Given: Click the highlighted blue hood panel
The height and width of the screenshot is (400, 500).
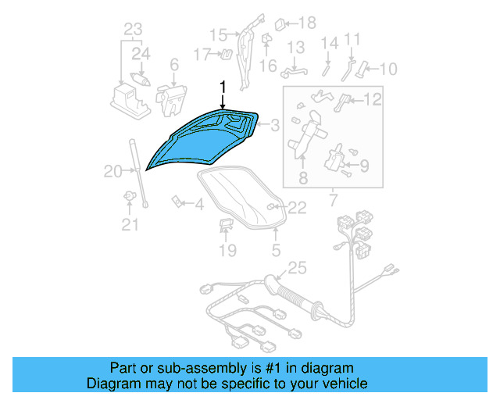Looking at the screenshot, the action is tap(205, 141).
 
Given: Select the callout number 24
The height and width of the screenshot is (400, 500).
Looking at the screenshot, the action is tap(141, 55).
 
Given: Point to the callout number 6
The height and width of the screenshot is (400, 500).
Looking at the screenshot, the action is tap(173, 65).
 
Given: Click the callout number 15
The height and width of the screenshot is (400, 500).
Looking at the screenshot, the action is tap(217, 35).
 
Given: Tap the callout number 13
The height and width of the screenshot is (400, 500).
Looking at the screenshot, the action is tap(295, 48).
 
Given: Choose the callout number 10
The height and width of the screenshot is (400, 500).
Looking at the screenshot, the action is tap(387, 69).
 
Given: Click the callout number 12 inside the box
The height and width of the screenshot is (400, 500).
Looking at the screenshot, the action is tap(373, 98).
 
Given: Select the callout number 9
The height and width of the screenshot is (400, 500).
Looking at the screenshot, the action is tap(364, 165).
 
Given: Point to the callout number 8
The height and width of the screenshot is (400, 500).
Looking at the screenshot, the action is tap(303, 179).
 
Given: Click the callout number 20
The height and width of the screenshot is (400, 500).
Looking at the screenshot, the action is tap(112, 171).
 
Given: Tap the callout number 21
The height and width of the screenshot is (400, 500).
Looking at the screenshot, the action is tap(130, 226).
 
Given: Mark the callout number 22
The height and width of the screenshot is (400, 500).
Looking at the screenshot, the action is tap(297, 207).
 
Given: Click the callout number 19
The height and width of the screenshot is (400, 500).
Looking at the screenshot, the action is tap(227, 251).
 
